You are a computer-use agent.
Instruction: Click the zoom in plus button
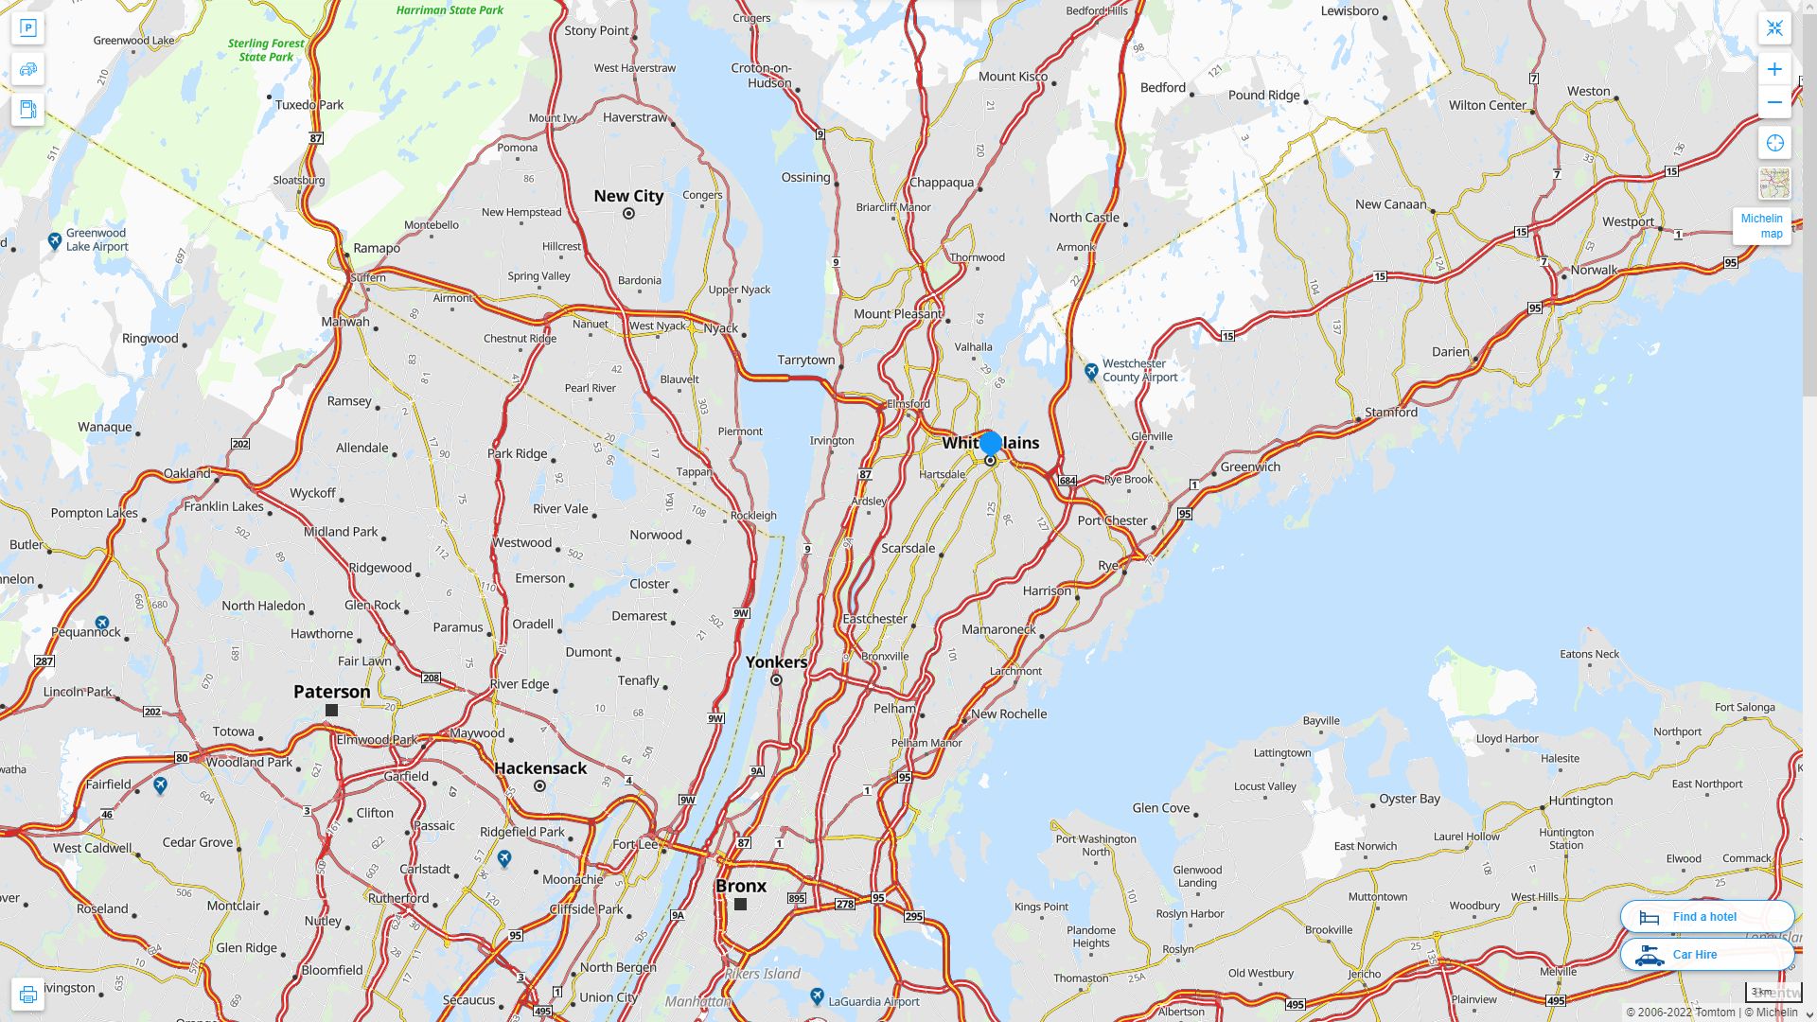pyautogui.click(x=1774, y=69)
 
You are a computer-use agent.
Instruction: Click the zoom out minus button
pyautogui.click(x=1774, y=102)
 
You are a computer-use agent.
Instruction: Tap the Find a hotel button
pyautogui.click(x=1706, y=916)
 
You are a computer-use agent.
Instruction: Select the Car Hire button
pyautogui.click(x=1706, y=954)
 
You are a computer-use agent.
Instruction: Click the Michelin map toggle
pyautogui.click(x=1761, y=226)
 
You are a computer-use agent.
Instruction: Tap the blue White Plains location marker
pyautogui.click(x=990, y=443)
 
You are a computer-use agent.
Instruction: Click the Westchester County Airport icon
pyautogui.click(x=1091, y=370)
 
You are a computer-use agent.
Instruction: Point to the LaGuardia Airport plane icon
pyautogui.click(x=817, y=996)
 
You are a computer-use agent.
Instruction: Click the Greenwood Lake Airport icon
pyautogui.click(x=55, y=240)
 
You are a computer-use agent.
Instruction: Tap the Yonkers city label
pyautogui.click(x=776, y=661)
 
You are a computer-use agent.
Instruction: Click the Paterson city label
pyautogui.click(x=331, y=692)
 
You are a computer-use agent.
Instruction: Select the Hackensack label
pyautogui.click(x=540, y=768)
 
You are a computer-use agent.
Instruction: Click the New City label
pyautogui.click(x=628, y=196)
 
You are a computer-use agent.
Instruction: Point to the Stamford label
pyautogui.click(x=1390, y=412)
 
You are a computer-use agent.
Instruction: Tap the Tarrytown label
pyautogui.click(x=806, y=360)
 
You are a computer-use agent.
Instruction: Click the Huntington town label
pyautogui.click(x=1580, y=800)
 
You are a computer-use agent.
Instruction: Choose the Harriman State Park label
pyautogui.click(x=450, y=9)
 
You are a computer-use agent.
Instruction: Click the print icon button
pyautogui.click(x=27, y=994)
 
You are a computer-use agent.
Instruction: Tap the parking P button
pyautogui.click(x=27, y=28)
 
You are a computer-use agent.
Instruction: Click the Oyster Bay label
pyautogui.click(x=1409, y=798)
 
